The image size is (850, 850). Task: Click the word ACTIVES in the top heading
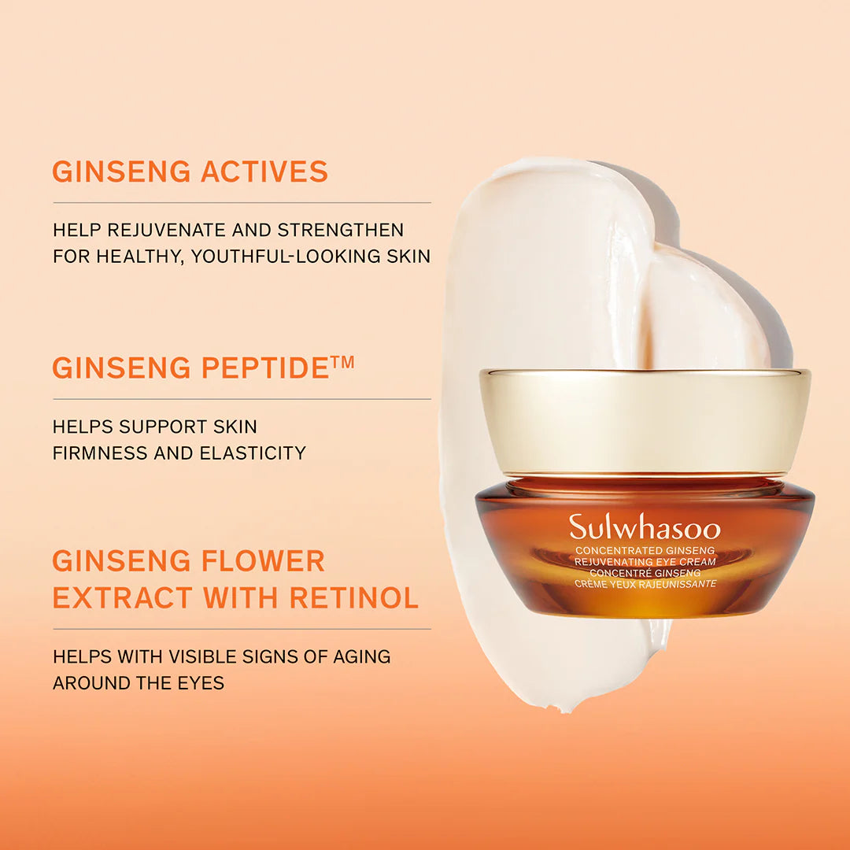click(x=264, y=172)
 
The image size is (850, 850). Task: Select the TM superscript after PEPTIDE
click(x=343, y=362)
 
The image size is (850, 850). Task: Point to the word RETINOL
click(x=354, y=598)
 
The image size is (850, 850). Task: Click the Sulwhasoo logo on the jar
click(x=645, y=527)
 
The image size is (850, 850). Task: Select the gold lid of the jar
click(x=645, y=421)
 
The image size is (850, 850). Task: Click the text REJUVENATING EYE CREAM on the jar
click(x=645, y=561)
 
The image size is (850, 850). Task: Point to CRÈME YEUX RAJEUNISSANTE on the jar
click(x=645, y=583)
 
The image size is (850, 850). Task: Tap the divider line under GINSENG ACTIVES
click(x=242, y=203)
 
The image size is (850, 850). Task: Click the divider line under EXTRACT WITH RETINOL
click(x=242, y=629)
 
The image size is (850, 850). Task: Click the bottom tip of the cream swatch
click(x=583, y=708)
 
